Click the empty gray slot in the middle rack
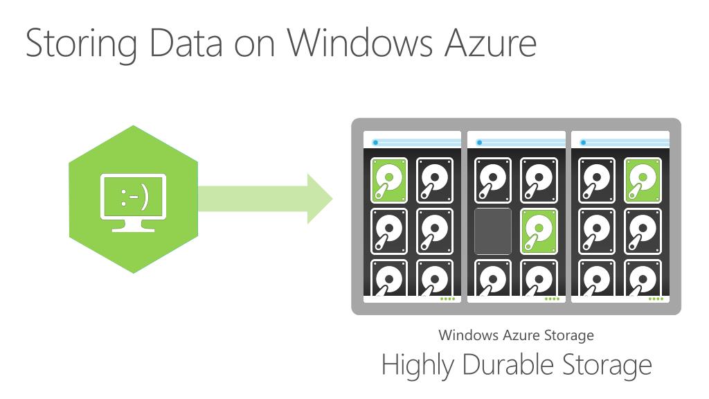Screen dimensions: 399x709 493,231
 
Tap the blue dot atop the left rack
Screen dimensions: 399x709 375,143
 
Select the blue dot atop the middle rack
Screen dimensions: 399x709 479,143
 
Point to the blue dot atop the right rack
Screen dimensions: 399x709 583,143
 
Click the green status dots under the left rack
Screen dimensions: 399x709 448,299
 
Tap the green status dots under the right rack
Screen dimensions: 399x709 656,299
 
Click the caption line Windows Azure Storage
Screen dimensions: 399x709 516,335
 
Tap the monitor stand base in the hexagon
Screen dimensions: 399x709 133,229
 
